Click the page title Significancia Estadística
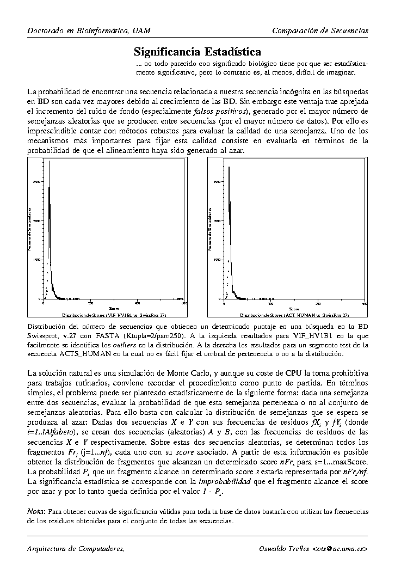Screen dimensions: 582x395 [x=197, y=52]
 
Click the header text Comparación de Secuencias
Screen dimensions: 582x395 [x=320, y=30]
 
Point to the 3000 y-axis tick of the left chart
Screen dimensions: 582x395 [x=36, y=181]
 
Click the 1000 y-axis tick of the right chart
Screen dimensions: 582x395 [x=217, y=260]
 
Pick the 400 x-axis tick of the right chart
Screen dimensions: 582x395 [x=318, y=303]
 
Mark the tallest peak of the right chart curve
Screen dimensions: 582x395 [x=231, y=164]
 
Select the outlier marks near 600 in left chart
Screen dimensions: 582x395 [x=180, y=298]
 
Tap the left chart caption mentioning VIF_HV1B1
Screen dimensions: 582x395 [x=114, y=315]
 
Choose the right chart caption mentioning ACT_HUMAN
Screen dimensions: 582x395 [x=294, y=315]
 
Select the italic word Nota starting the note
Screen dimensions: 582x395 [x=36, y=512]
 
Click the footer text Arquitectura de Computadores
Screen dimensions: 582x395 [x=76, y=548]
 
